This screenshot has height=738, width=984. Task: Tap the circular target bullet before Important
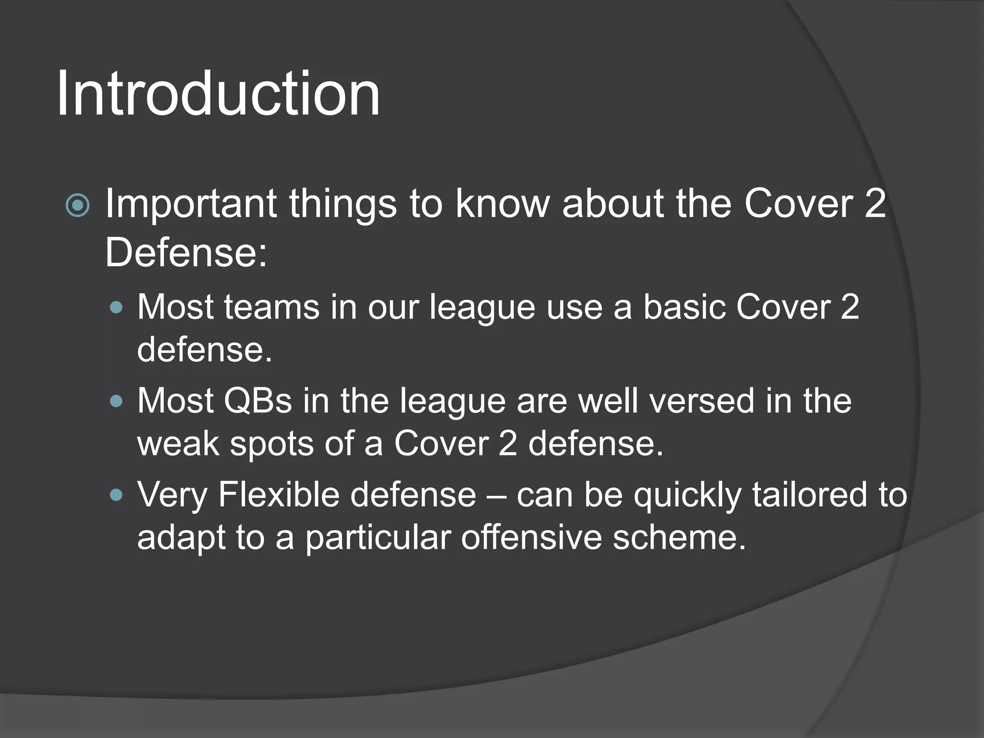click(77, 206)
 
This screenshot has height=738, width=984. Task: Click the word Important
click(191, 204)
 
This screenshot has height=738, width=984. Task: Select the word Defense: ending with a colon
click(186, 253)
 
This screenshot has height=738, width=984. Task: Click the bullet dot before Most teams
click(116, 307)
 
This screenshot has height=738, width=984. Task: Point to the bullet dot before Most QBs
click(116, 401)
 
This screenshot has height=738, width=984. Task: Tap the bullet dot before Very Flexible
click(116, 495)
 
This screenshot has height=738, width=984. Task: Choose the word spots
click(271, 443)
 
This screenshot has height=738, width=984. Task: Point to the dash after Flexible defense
click(496, 496)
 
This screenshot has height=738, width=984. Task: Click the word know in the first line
click(502, 204)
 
